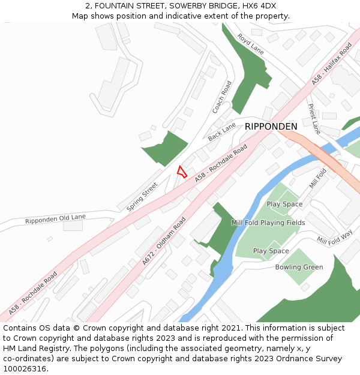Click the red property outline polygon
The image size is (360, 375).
tap(182, 172)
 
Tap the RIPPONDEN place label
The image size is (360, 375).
tap(271, 127)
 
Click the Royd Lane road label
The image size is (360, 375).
tap(250, 44)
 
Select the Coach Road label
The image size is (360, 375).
tap(221, 97)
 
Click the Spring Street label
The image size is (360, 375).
tap(142, 196)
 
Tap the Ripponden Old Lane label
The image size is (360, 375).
tap(55, 219)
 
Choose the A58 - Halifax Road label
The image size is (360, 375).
tap(332, 63)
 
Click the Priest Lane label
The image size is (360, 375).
tap(315, 119)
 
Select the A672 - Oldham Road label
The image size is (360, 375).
tap(164, 241)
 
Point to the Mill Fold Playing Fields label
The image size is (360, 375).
tap(268, 223)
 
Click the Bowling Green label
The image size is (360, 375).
tap(299, 267)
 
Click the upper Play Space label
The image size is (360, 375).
tap(284, 204)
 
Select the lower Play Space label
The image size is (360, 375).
tap(271, 251)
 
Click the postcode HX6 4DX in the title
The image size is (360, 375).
tap(256, 6)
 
